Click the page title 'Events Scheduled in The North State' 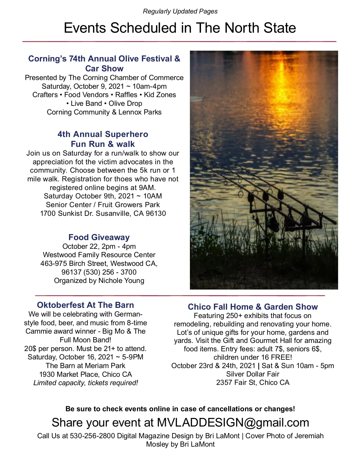[180, 28]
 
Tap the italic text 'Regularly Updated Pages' [180, 11]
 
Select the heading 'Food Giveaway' [99, 237]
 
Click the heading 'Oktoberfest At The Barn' [85, 305]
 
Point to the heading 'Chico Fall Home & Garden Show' [253, 307]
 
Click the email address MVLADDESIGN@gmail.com [233, 423]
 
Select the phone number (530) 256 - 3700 [110, 272]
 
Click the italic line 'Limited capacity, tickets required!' [85, 383]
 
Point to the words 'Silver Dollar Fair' [253, 374]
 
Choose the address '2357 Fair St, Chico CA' [253, 382]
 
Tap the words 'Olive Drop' [125, 103]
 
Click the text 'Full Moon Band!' [85, 340]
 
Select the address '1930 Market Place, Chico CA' [85, 374]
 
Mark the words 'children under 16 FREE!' [253, 357]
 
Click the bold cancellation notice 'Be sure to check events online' [180, 409]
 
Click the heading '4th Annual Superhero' [103, 134]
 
